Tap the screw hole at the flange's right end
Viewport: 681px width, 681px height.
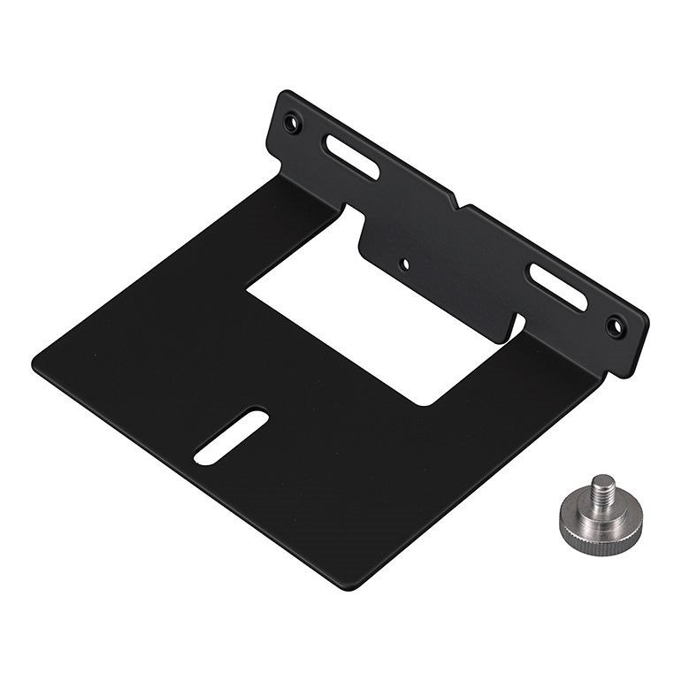(x=616, y=325)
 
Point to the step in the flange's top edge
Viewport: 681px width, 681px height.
(x=457, y=203)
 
